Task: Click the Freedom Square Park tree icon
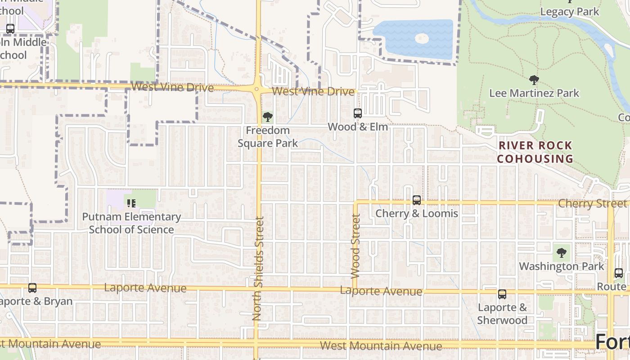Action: click(x=268, y=117)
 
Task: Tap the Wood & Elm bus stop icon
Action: click(x=358, y=113)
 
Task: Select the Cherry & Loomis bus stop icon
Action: click(x=417, y=200)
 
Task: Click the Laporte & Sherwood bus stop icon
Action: click(x=502, y=294)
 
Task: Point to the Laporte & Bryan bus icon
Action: click(x=32, y=288)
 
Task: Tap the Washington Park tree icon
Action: click(x=562, y=253)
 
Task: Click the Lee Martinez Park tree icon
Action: click(x=534, y=81)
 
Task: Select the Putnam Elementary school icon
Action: click(x=131, y=203)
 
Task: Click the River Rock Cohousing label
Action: click(x=535, y=152)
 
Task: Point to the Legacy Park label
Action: click(x=570, y=12)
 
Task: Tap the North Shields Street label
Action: click(x=257, y=269)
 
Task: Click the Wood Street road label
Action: click(x=355, y=245)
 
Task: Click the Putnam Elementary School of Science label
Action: click(x=131, y=223)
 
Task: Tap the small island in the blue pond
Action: click(x=421, y=38)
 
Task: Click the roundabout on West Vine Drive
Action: click(x=257, y=89)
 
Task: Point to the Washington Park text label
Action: click(x=562, y=266)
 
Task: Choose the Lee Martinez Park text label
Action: click(x=534, y=93)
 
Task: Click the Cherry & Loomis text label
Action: click(x=417, y=213)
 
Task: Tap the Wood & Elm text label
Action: click(x=358, y=127)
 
